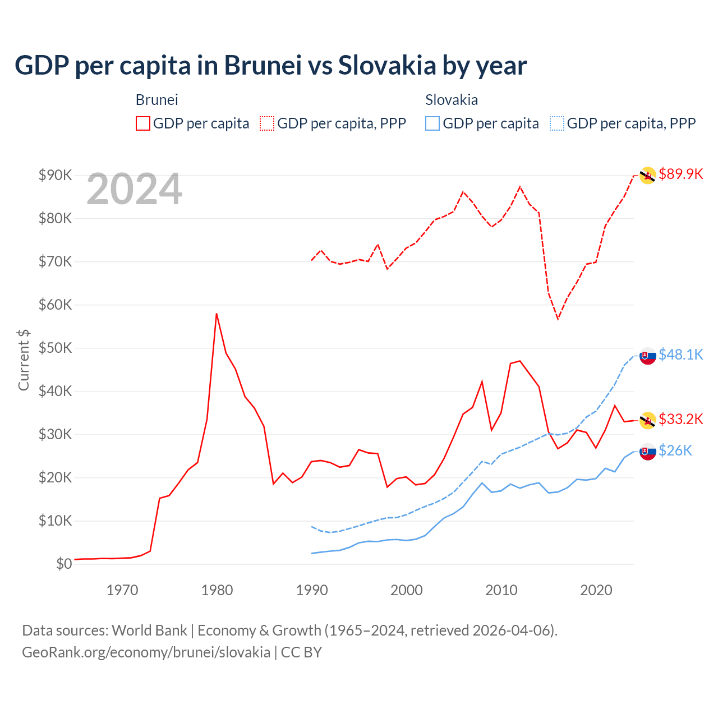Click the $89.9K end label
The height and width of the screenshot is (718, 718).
pyautogui.click(x=680, y=174)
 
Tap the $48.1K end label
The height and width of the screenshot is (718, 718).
pyautogui.click(x=680, y=355)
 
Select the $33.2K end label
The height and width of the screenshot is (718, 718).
pyautogui.click(x=680, y=419)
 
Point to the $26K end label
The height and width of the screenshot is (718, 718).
pyautogui.click(x=675, y=450)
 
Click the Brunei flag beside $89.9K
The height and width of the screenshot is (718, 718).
pyautogui.click(x=648, y=176)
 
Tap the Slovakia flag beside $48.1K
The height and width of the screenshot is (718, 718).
pyautogui.click(x=648, y=356)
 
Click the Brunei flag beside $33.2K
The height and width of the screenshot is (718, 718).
pyautogui.click(x=648, y=420)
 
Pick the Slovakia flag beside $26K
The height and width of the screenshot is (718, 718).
pyautogui.click(x=648, y=452)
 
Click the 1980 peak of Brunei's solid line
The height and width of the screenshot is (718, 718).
pyautogui.click(x=217, y=314)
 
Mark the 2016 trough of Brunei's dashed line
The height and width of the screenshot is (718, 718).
pyautogui.click(x=558, y=319)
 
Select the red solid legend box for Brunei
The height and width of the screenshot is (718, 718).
pyautogui.click(x=143, y=123)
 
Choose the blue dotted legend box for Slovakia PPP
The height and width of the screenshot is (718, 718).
pyautogui.click(x=557, y=123)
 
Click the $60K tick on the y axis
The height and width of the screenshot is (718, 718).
pyautogui.click(x=56, y=305)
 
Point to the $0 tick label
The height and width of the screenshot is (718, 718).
pyautogui.click(x=64, y=564)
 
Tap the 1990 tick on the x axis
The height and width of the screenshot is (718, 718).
pyautogui.click(x=312, y=590)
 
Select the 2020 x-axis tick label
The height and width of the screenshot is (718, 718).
pyautogui.click(x=596, y=590)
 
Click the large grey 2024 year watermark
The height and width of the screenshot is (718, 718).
pyautogui.click(x=134, y=190)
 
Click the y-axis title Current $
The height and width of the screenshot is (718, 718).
pyautogui.click(x=24, y=360)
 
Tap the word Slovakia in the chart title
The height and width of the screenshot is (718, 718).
pyautogui.click(x=387, y=65)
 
